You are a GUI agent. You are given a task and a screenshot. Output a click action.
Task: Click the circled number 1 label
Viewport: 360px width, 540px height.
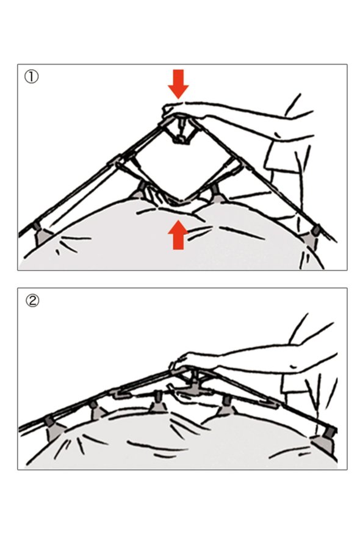click(x=31, y=76)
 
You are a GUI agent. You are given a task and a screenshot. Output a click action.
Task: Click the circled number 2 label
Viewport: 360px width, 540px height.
click(x=32, y=301)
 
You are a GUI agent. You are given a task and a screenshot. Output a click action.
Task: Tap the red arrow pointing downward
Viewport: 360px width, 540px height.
click(x=178, y=84)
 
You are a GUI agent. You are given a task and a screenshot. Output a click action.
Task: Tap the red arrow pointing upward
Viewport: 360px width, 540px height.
click(x=178, y=235)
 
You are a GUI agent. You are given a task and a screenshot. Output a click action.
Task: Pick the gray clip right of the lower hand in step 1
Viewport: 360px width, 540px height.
click(x=217, y=193)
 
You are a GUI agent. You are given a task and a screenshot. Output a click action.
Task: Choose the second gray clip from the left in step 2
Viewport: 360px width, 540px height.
click(x=97, y=409)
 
